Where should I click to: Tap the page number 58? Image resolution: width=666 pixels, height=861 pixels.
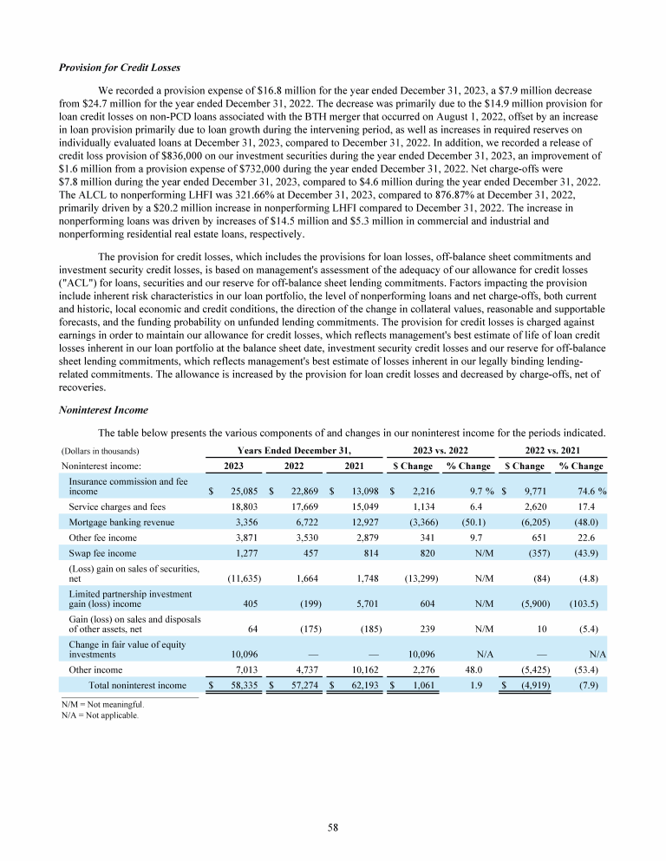tap(333, 827)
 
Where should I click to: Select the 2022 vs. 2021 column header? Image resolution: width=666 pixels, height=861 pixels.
tap(552, 450)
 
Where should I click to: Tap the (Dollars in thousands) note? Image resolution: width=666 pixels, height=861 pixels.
tap(101, 451)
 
